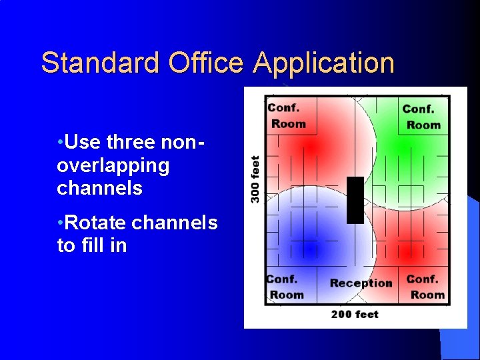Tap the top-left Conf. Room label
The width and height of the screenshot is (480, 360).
(x=286, y=115)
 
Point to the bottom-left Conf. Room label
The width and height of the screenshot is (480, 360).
(x=285, y=287)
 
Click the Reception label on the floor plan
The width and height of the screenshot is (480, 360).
(x=361, y=283)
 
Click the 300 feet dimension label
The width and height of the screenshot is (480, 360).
(x=255, y=179)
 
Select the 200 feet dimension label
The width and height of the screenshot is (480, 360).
(x=354, y=314)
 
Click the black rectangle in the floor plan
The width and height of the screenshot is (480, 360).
(x=355, y=200)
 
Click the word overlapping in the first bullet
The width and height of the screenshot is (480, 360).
(x=113, y=165)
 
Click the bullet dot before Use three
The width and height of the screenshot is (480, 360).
(x=61, y=142)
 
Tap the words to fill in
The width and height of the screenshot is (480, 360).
(x=91, y=245)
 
